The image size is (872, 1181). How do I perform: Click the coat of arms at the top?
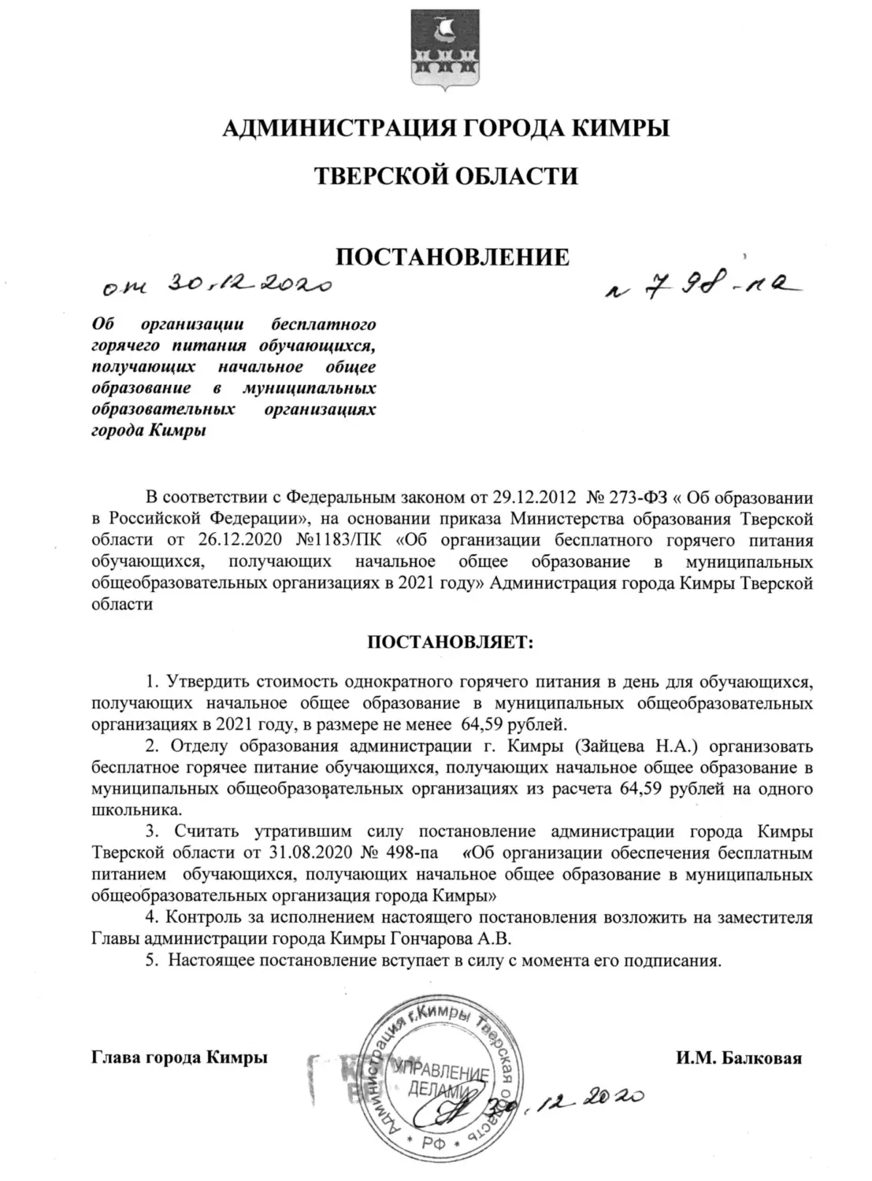point(435,49)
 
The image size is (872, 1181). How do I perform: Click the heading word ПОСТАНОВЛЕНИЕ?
point(452,257)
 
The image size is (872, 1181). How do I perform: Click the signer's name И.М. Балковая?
point(738,1057)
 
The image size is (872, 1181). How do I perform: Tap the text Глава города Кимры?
point(180,1057)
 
